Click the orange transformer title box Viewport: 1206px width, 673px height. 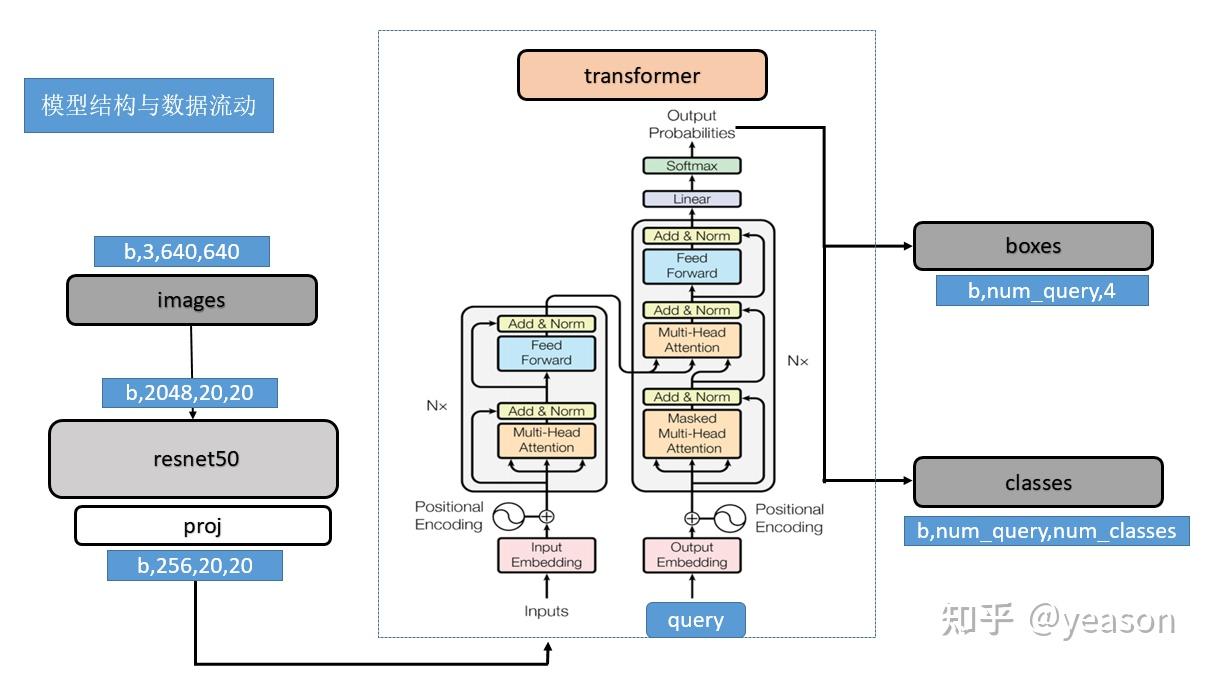pyautogui.click(x=642, y=75)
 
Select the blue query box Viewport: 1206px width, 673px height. pyautogui.click(x=696, y=620)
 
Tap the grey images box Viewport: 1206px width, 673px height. pyautogui.click(x=191, y=300)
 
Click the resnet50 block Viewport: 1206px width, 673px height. pyautogui.click(x=193, y=459)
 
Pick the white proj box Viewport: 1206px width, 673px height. pyautogui.click(x=202, y=525)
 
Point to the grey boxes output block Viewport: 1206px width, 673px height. pyautogui.click(x=1033, y=245)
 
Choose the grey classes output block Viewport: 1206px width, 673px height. pyautogui.click(x=1038, y=482)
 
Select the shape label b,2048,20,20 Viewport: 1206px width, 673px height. pyautogui.click(x=189, y=393)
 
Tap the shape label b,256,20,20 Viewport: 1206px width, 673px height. pyautogui.click(x=195, y=566)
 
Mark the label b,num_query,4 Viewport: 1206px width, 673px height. pyautogui.click(x=1041, y=291)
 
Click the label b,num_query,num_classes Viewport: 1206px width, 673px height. pyautogui.click(x=1047, y=531)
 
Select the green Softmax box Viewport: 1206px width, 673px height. pyautogui.click(x=692, y=166)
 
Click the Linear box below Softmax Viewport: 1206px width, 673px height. pyautogui.click(x=692, y=199)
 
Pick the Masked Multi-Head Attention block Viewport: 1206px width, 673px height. pyautogui.click(x=693, y=433)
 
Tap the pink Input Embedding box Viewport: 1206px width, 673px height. pyautogui.click(x=546, y=555)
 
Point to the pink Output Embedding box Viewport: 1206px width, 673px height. pyautogui.click(x=692, y=555)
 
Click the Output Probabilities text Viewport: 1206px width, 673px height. pyautogui.click(x=691, y=125)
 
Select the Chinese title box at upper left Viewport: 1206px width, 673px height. pyautogui.click(x=149, y=105)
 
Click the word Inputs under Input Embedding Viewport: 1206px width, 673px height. pyautogui.click(x=546, y=610)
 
